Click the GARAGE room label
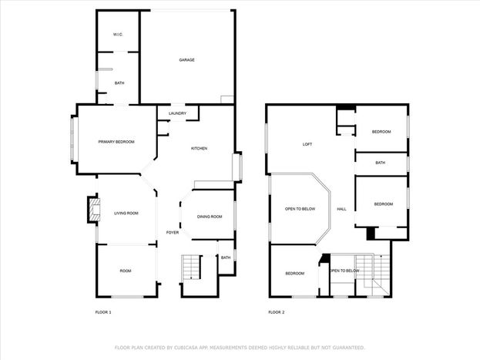186,60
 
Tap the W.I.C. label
118,35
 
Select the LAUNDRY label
177,113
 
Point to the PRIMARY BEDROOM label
116,142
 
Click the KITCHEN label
199,148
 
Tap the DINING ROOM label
210,217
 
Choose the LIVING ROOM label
126,214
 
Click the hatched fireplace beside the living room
95,210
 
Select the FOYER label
173,233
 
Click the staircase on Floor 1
191,267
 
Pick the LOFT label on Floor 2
307,144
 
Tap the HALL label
341,209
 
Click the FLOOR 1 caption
103,312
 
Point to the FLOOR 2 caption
277,312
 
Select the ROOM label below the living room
126,271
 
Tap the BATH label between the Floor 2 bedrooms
380,163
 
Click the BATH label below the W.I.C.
119,83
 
